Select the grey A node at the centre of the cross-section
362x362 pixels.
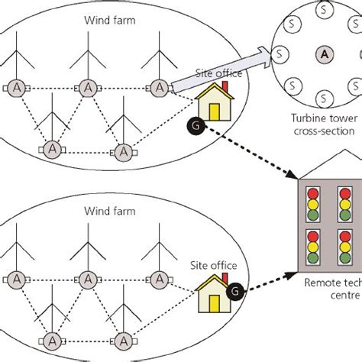325,54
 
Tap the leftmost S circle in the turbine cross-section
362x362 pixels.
281,55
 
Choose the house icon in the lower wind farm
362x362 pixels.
210,291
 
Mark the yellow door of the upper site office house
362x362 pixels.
215,111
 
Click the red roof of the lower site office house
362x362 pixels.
210,281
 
